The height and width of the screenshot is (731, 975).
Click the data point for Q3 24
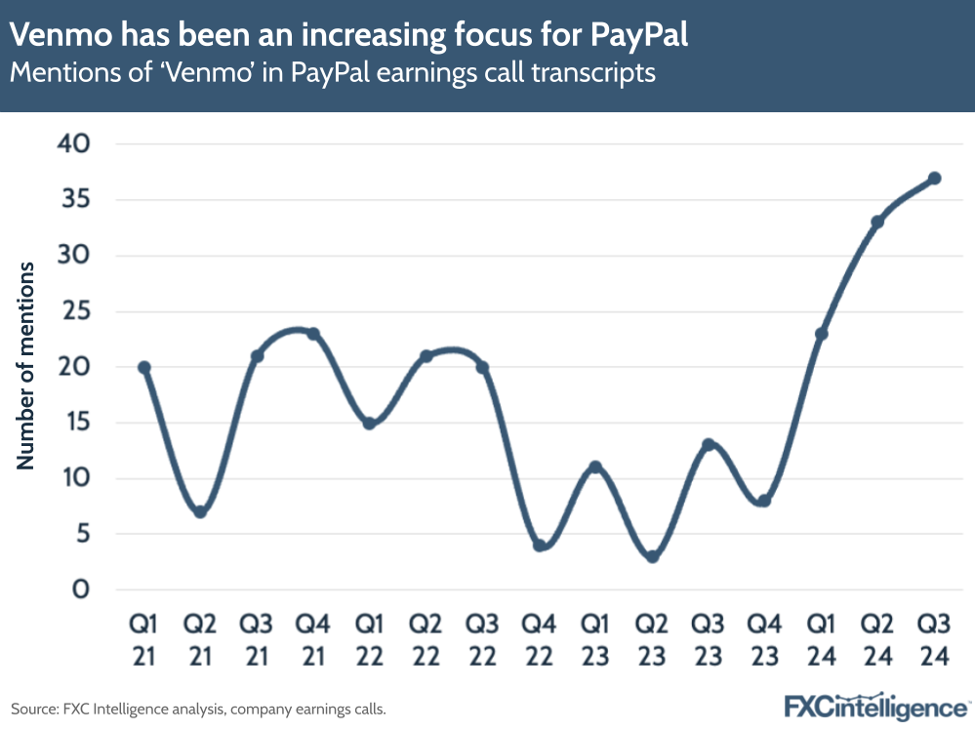pyautogui.click(x=934, y=178)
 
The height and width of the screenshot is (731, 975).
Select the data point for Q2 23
pyautogui.click(x=652, y=556)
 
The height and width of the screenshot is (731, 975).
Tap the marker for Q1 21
pyautogui.click(x=144, y=367)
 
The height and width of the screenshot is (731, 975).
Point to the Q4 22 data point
pyautogui.click(x=540, y=546)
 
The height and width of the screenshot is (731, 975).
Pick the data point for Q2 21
pyautogui.click(x=200, y=511)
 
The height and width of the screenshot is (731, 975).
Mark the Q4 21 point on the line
pyautogui.click(x=313, y=334)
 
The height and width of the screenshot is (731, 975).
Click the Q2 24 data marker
pyautogui.click(x=877, y=222)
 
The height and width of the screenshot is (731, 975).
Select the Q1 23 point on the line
pyautogui.click(x=595, y=467)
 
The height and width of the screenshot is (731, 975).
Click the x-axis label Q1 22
pyautogui.click(x=370, y=638)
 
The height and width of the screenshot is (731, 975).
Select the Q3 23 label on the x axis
pyautogui.click(x=709, y=638)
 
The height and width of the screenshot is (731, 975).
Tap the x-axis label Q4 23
pyautogui.click(x=765, y=638)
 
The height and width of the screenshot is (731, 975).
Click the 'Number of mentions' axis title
pyautogui.click(x=26, y=366)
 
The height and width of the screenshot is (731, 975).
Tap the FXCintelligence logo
pyautogui.click(x=876, y=706)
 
